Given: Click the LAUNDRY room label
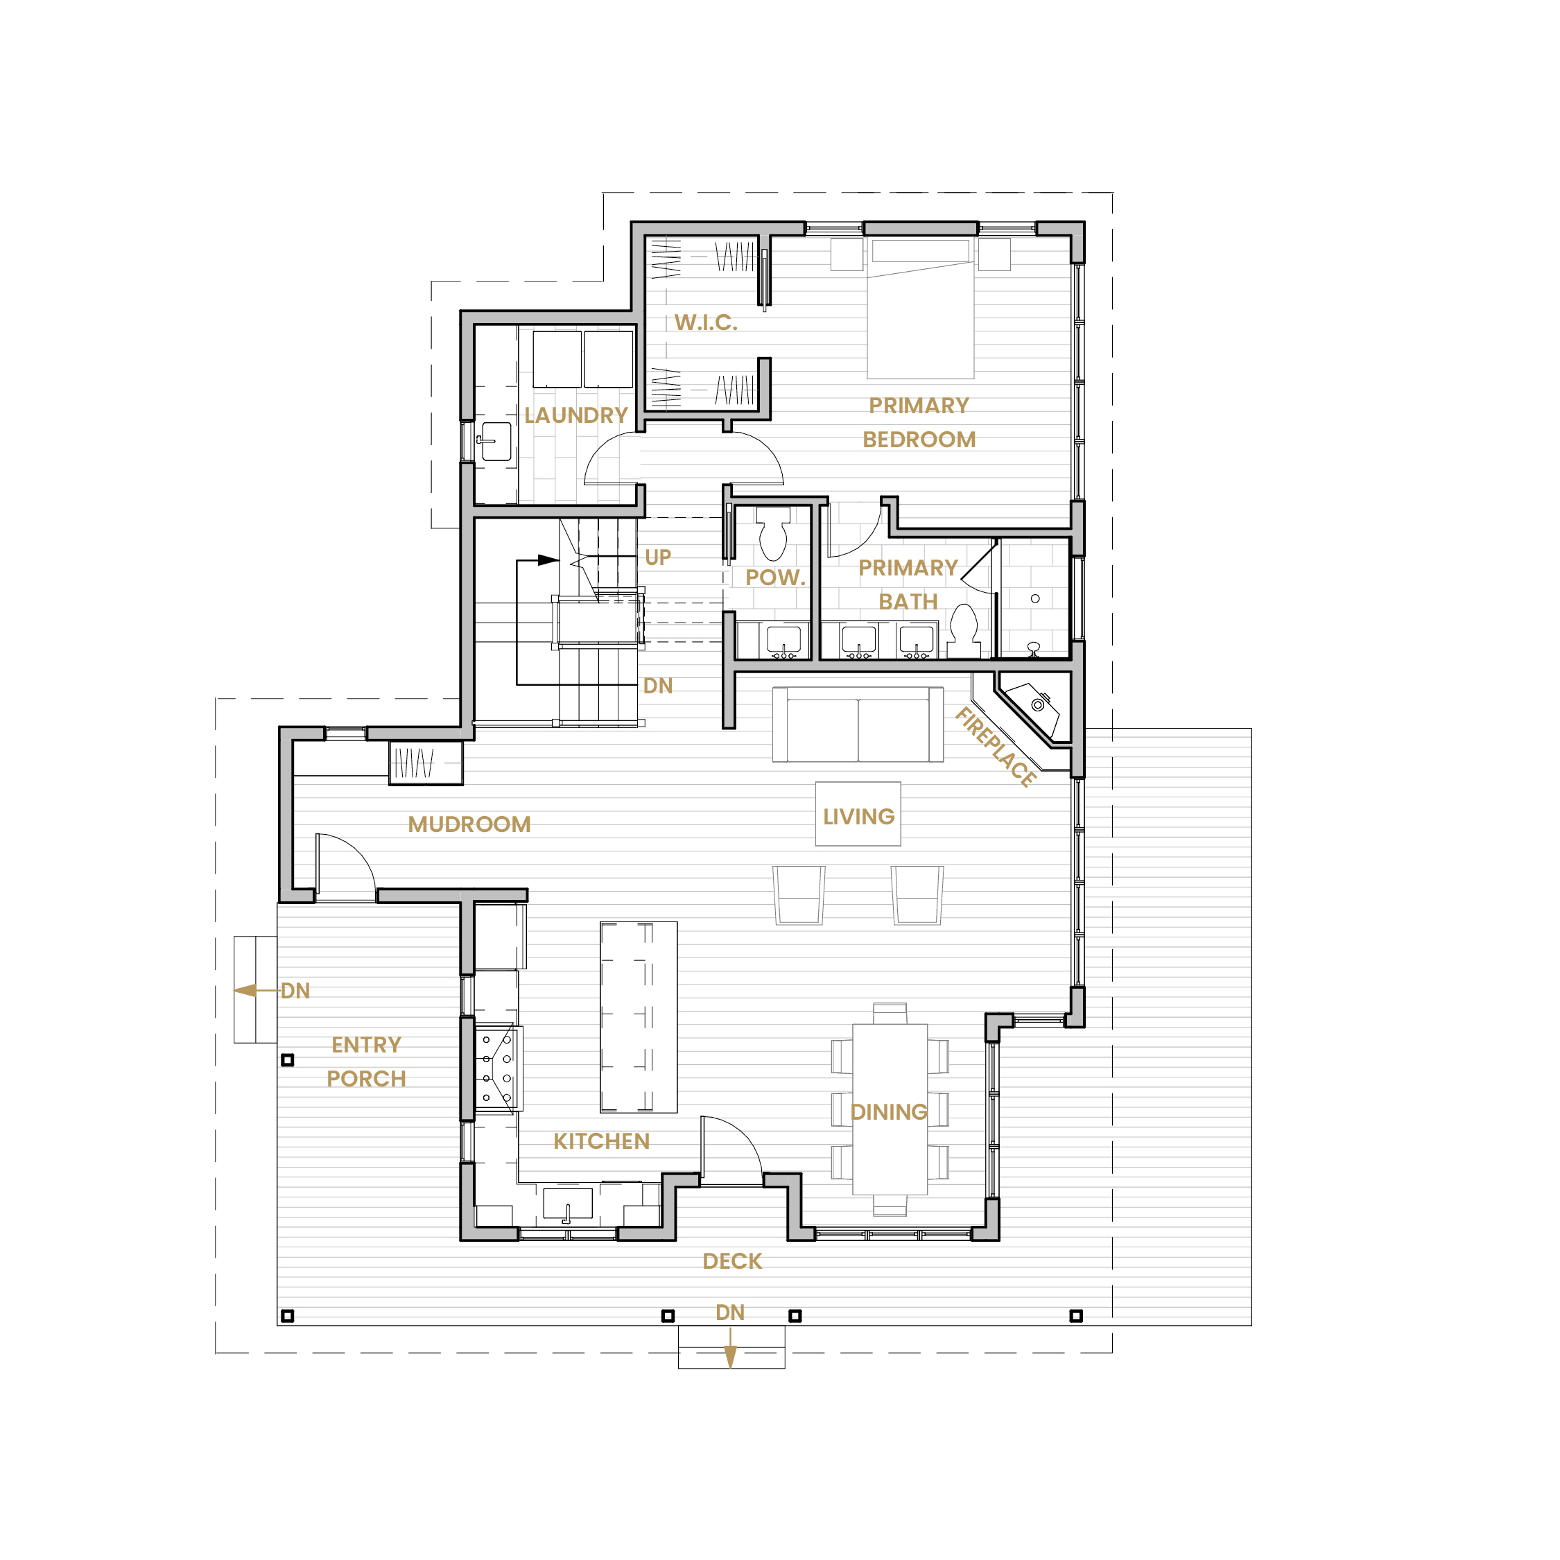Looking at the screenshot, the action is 575,415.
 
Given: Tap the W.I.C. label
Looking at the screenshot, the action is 706,322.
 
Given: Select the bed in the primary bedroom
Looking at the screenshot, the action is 921,309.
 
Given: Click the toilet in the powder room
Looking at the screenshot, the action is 774,533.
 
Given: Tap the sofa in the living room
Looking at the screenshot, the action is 858,725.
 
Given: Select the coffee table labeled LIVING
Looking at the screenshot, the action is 858,814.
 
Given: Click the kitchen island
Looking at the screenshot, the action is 639,1017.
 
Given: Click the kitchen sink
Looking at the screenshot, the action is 568,1204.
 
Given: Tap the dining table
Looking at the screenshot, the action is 890,1109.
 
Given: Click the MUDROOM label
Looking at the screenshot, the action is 469,824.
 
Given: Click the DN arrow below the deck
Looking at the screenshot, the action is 730,1347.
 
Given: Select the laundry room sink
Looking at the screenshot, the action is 496,442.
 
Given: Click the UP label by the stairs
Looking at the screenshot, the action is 657,557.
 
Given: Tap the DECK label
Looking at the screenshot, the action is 732,1261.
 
